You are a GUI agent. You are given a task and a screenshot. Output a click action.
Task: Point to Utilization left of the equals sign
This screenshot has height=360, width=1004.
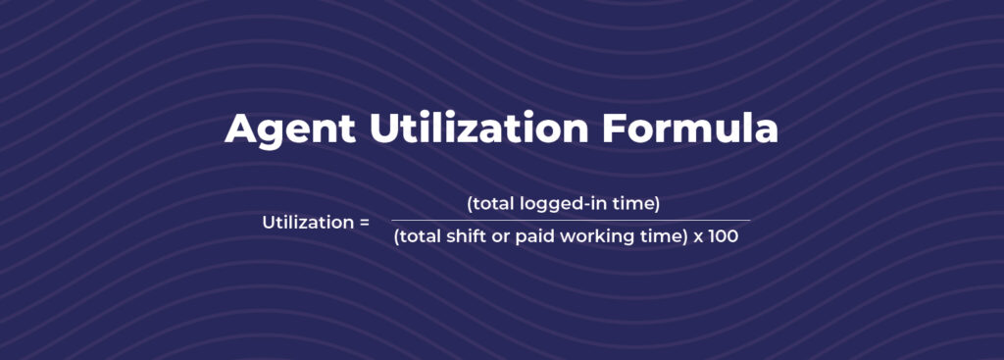point(303,222)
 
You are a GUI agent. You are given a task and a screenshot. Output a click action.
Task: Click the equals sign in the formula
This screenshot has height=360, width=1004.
point(364,223)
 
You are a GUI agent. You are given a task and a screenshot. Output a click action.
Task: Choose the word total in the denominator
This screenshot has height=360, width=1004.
point(419,237)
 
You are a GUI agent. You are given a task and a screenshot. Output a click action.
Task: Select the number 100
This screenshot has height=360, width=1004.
point(725,237)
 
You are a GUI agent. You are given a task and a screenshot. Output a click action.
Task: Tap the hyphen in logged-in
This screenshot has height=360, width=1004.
point(582,205)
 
